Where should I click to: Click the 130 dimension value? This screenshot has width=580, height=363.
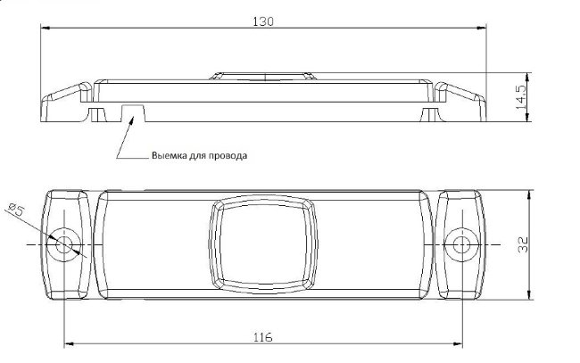tap(263, 21)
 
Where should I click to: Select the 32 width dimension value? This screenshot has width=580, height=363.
tap(523, 244)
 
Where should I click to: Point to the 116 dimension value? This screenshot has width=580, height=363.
tap(263, 337)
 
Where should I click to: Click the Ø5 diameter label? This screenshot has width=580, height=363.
tap(15, 210)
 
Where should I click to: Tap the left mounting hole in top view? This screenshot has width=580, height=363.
tap(64, 244)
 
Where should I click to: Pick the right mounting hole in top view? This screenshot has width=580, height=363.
tap(461, 244)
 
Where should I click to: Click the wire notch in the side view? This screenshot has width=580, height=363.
tap(133, 112)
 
